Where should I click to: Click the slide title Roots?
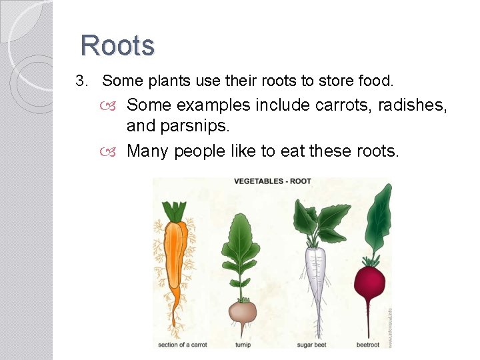tap(117, 45)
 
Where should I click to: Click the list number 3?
tap(81, 81)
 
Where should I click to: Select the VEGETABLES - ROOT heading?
tap(272, 181)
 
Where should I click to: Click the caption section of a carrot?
tap(182, 345)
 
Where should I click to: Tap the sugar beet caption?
tap(311, 345)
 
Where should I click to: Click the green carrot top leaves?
tap(175, 211)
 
